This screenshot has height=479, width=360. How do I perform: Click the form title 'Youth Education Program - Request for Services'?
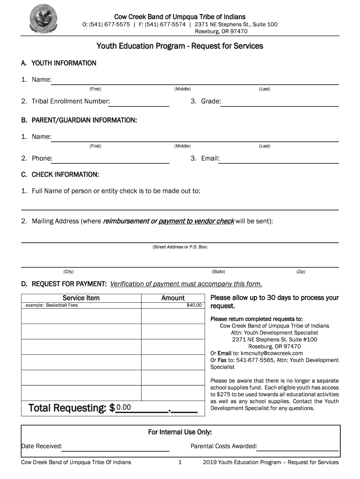point(180,46)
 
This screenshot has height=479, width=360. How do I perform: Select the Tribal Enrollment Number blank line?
point(139,103)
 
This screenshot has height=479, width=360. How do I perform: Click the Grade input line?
point(279,103)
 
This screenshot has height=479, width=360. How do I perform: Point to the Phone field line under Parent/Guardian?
point(111,160)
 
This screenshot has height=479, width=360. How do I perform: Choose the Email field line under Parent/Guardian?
point(279,160)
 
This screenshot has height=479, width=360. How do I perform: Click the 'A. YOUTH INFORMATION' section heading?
point(58,63)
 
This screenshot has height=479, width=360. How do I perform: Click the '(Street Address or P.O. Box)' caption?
point(180,247)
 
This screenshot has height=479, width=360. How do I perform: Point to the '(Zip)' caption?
point(300,271)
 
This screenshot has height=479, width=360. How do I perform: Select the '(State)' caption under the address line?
point(218,271)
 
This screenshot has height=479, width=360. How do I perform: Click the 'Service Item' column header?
point(81,298)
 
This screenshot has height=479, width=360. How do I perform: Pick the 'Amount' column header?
point(173,298)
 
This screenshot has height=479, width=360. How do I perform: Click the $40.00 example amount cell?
point(194,305)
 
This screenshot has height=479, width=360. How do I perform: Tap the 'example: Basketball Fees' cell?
point(51,305)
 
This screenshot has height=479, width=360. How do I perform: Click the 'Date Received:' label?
point(42,446)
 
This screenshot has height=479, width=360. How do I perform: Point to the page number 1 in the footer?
point(180,463)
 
